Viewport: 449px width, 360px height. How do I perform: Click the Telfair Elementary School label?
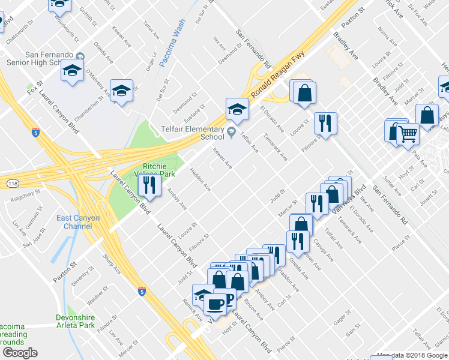pyautogui.click(x=195, y=132)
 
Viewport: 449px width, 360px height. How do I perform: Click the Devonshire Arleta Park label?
pyautogui.click(x=76, y=321)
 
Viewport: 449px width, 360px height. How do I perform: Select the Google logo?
pyautogui.click(x=19, y=353)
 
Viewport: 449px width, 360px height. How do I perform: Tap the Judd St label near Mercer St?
pyautogui.click(x=276, y=196)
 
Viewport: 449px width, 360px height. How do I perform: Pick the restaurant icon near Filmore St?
pyautogui.click(x=325, y=124)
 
